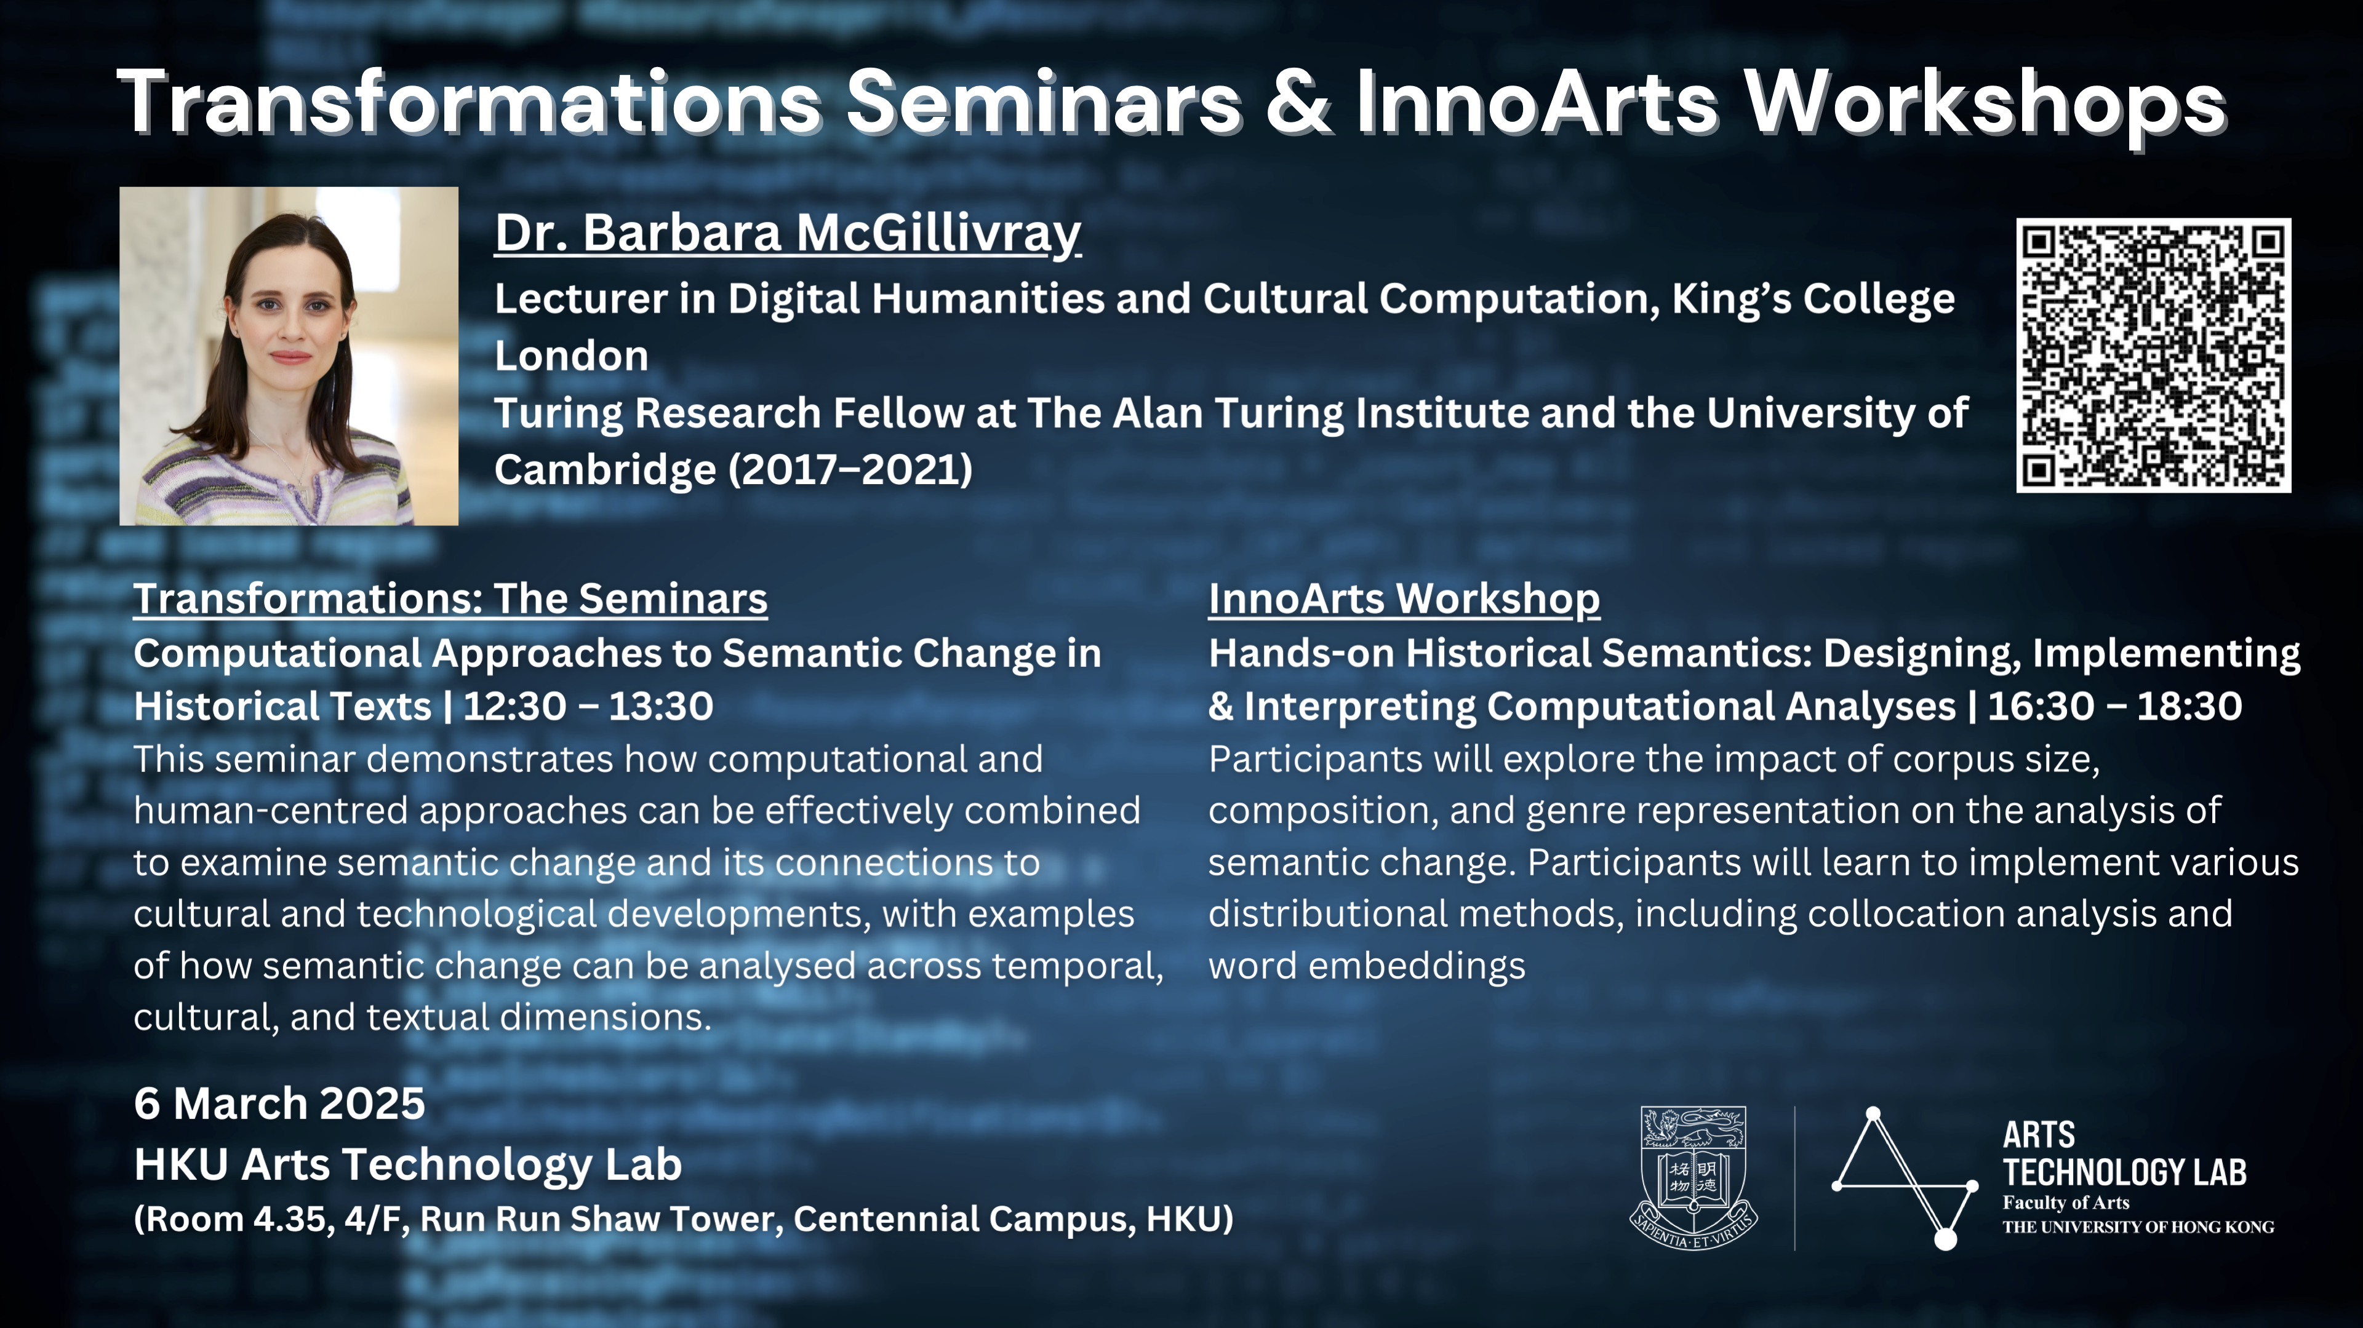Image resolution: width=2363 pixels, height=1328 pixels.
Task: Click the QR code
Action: pos(2153,355)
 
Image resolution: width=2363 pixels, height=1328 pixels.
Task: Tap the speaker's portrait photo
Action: pos(289,356)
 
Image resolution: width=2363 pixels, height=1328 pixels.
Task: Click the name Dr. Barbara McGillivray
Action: pos(788,233)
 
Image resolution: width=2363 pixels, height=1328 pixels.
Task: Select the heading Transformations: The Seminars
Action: pos(450,599)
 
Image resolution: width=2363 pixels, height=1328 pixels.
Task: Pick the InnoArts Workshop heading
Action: pos(1404,599)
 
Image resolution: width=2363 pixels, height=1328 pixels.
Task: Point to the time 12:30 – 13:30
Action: pos(588,706)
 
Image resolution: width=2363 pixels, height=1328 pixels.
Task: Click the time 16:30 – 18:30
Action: pos(2114,706)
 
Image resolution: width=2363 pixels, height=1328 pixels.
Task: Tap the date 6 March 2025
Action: pos(280,1103)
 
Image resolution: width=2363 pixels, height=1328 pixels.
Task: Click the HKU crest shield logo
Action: pos(1693,1177)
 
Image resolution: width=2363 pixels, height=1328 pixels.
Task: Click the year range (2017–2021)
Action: pos(850,469)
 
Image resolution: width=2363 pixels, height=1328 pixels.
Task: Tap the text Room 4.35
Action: pos(234,1219)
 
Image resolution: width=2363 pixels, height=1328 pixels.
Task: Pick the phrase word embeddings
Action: pos(1367,966)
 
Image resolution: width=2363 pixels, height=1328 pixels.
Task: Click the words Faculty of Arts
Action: pos(2066,1203)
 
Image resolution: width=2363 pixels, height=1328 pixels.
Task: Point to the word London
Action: pos(572,356)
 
